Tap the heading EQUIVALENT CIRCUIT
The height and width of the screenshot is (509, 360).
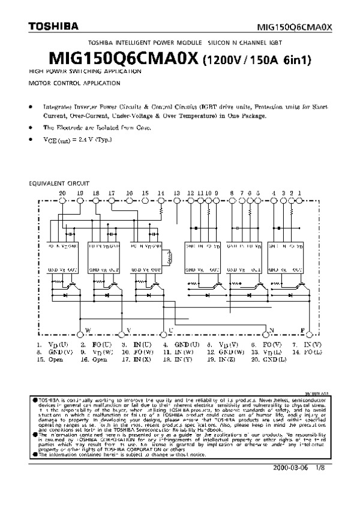[x=59, y=182]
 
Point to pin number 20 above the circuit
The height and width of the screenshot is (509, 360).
[x=62, y=192]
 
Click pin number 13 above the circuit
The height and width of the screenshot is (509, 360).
[x=177, y=192]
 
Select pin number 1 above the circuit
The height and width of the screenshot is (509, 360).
[x=300, y=192]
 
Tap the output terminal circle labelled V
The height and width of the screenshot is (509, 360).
[x=122, y=334]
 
